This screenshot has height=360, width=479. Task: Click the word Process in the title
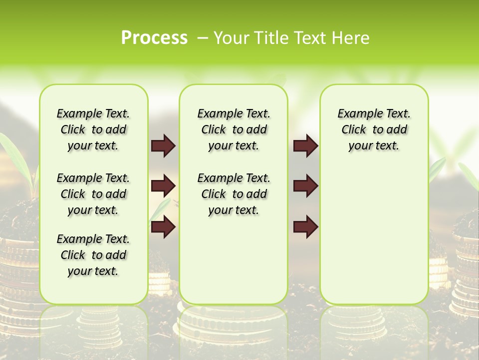pyautogui.click(x=154, y=37)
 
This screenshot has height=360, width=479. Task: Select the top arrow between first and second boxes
pyautogui.click(x=163, y=145)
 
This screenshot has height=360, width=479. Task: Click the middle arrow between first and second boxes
pyautogui.click(x=163, y=186)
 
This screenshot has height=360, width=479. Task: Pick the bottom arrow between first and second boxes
pyautogui.click(x=163, y=227)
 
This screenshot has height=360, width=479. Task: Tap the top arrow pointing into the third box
pyautogui.click(x=305, y=145)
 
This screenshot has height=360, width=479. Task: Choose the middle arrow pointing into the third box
pyautogui.click(x=305, y=186)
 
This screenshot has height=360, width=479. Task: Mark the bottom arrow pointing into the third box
pyautogui.click(x=305, y=227)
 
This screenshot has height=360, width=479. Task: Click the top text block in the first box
pyautogui.click(x=93, y=129)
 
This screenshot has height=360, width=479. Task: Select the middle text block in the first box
pyautogui.click(x=93, y=194)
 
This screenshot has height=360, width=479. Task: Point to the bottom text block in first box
pyautogui.click(x=93, y=255)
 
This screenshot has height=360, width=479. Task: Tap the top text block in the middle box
pyautogui.click(x=234, y=129)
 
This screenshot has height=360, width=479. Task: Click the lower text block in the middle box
pyautogui.click(x=234, y=194)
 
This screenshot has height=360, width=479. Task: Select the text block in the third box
pyautogui.click(x=374, y=129)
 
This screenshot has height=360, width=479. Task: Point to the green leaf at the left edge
pyautogui.click(x=12, y=150)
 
